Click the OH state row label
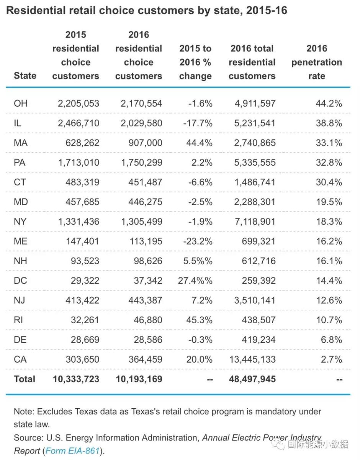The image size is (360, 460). click(x=21, y=103)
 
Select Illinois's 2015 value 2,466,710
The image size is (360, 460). click(x=79, y=123)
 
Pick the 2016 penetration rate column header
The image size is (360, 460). click(x=317, y=62)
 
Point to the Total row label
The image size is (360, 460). click(x=25, y=379)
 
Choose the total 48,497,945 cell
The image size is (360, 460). click(x=252, y=379)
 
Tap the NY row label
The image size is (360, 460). click(x=21, y=222)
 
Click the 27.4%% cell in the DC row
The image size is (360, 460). click(x=195, y=281)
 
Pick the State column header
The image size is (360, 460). click(x=25, y=76)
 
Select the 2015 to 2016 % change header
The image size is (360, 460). click(x=195, y=62)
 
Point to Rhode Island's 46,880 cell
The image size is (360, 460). click(x=146, y=320)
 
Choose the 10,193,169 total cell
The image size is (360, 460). click(x=139, y=379)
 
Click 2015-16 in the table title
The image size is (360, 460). click(x=267, y=10)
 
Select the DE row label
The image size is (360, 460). click(x=21, y=340)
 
